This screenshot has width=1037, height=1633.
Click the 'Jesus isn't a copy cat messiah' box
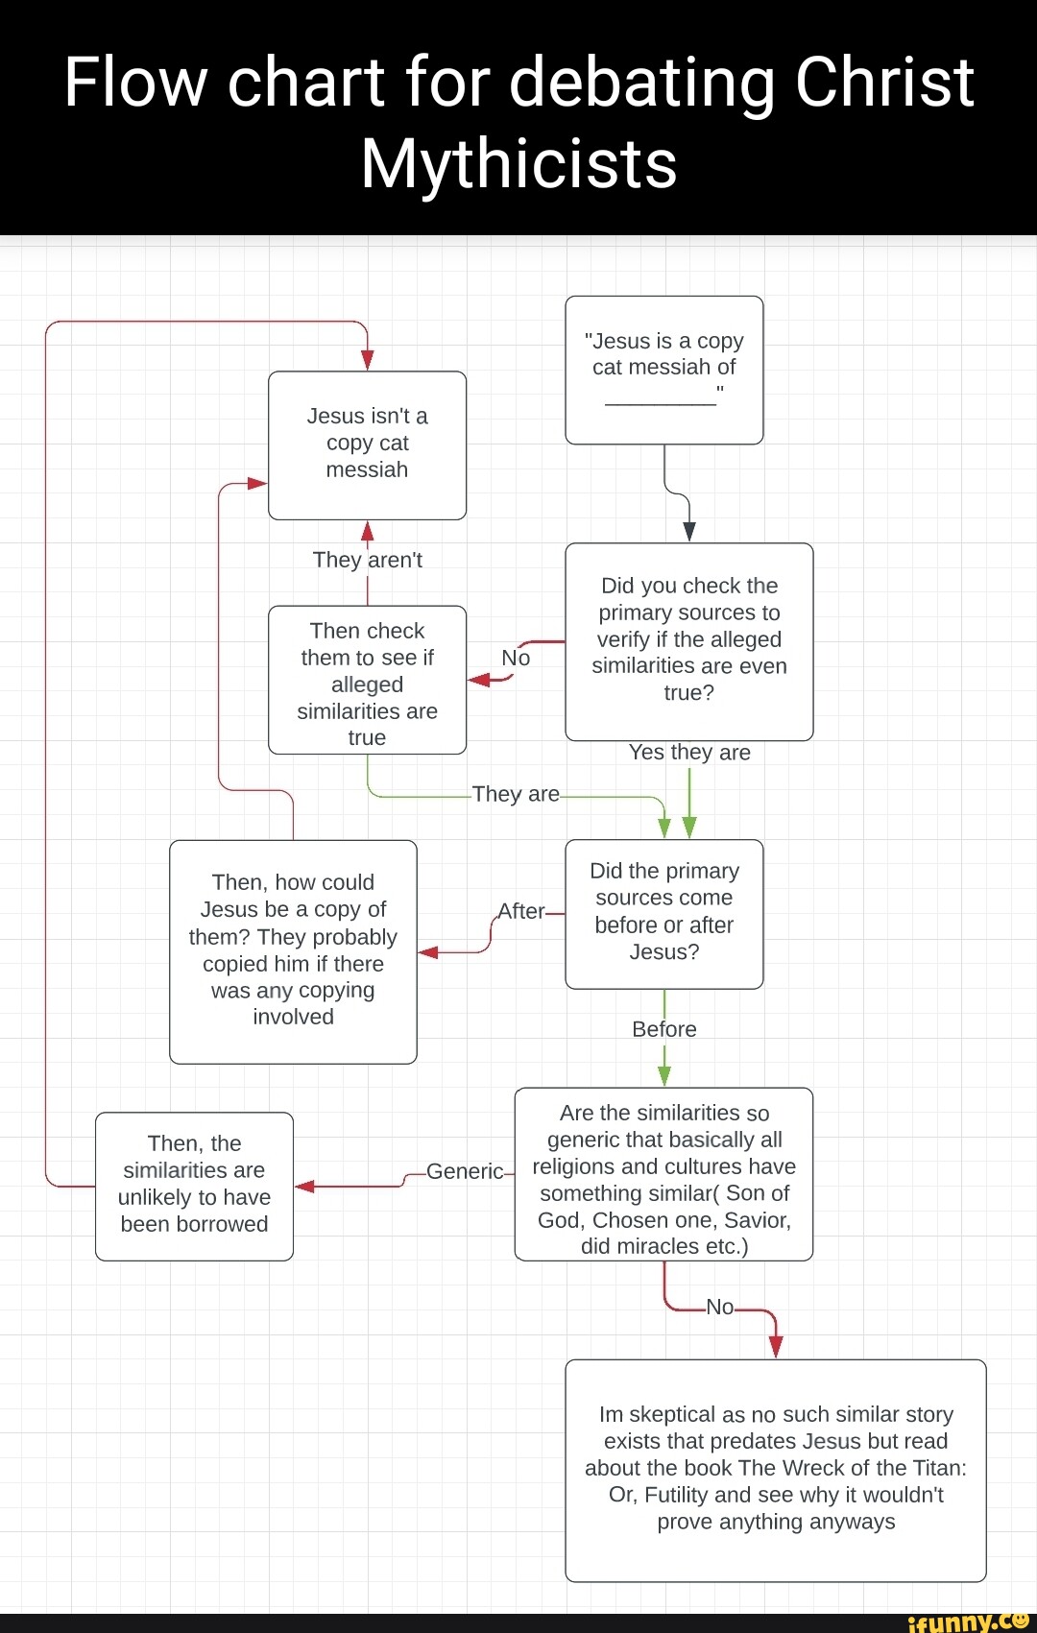tap(367, 444)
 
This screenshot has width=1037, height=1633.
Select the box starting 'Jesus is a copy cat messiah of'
tap(663, 370)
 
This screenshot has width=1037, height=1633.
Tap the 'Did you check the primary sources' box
tap(688, 640)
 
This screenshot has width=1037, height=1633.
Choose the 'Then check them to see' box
tap(367, 680)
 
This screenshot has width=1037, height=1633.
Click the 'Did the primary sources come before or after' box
tap(663, 913)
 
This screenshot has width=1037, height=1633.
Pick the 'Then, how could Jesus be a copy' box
tap(293, 950)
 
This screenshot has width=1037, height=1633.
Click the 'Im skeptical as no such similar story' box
tap(775, 1469)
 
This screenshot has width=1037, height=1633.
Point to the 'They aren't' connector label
tap(367, 560)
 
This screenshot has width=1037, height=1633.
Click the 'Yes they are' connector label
tap(689, 753)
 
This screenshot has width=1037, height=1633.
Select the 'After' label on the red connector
tap(521, 911)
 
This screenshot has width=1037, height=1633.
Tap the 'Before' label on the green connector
tap(663, 1029)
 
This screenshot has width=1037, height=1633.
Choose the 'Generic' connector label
tap(465, 1171)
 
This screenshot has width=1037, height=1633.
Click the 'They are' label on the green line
tap(516, 794)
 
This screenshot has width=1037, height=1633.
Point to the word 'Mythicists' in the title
tap(518, 163)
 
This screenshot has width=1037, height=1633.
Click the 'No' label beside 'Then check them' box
tap(516, 658)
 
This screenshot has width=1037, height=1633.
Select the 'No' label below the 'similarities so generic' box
tap(719, 1307)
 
